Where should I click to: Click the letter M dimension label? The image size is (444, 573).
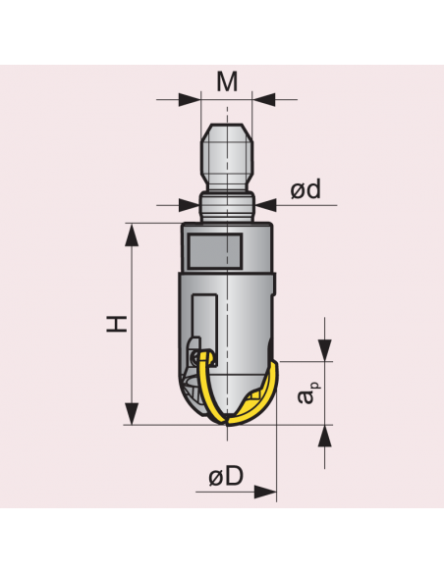pyautogui.click(x=227, y=81)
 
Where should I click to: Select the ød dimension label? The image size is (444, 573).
pyautogui.click(x=305, y=189)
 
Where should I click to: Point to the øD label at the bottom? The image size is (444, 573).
pyautogui.click(x=225, y=477)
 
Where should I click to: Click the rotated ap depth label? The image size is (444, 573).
pyautogui.click(x=308, y=395)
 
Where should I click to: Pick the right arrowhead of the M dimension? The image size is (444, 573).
pyautogui.click(x=261, y=99)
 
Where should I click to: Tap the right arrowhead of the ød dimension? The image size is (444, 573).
pyautogui.click(x=265, y=205)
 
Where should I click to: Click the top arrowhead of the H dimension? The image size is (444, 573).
pyautogui.click(x=130, y=232)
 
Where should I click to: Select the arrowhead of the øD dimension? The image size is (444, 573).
pyautogui.click(x=266, y=492)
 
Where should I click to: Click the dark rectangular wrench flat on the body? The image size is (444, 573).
pyautogui.click(x=214, y=252)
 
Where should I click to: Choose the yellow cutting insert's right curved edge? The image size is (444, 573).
pyautogui.click(x=266, y=388)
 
